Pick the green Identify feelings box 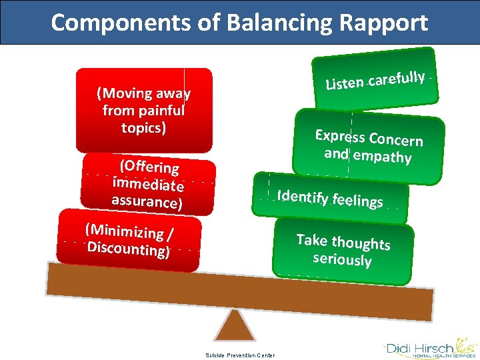tap(330, 197)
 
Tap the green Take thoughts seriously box tap(343, 250)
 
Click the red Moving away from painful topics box tap(144, 110)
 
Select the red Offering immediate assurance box tap(148, 183)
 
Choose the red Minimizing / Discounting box tap(129, 240)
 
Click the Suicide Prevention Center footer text tap(239, 355)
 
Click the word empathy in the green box tap(382, 157)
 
